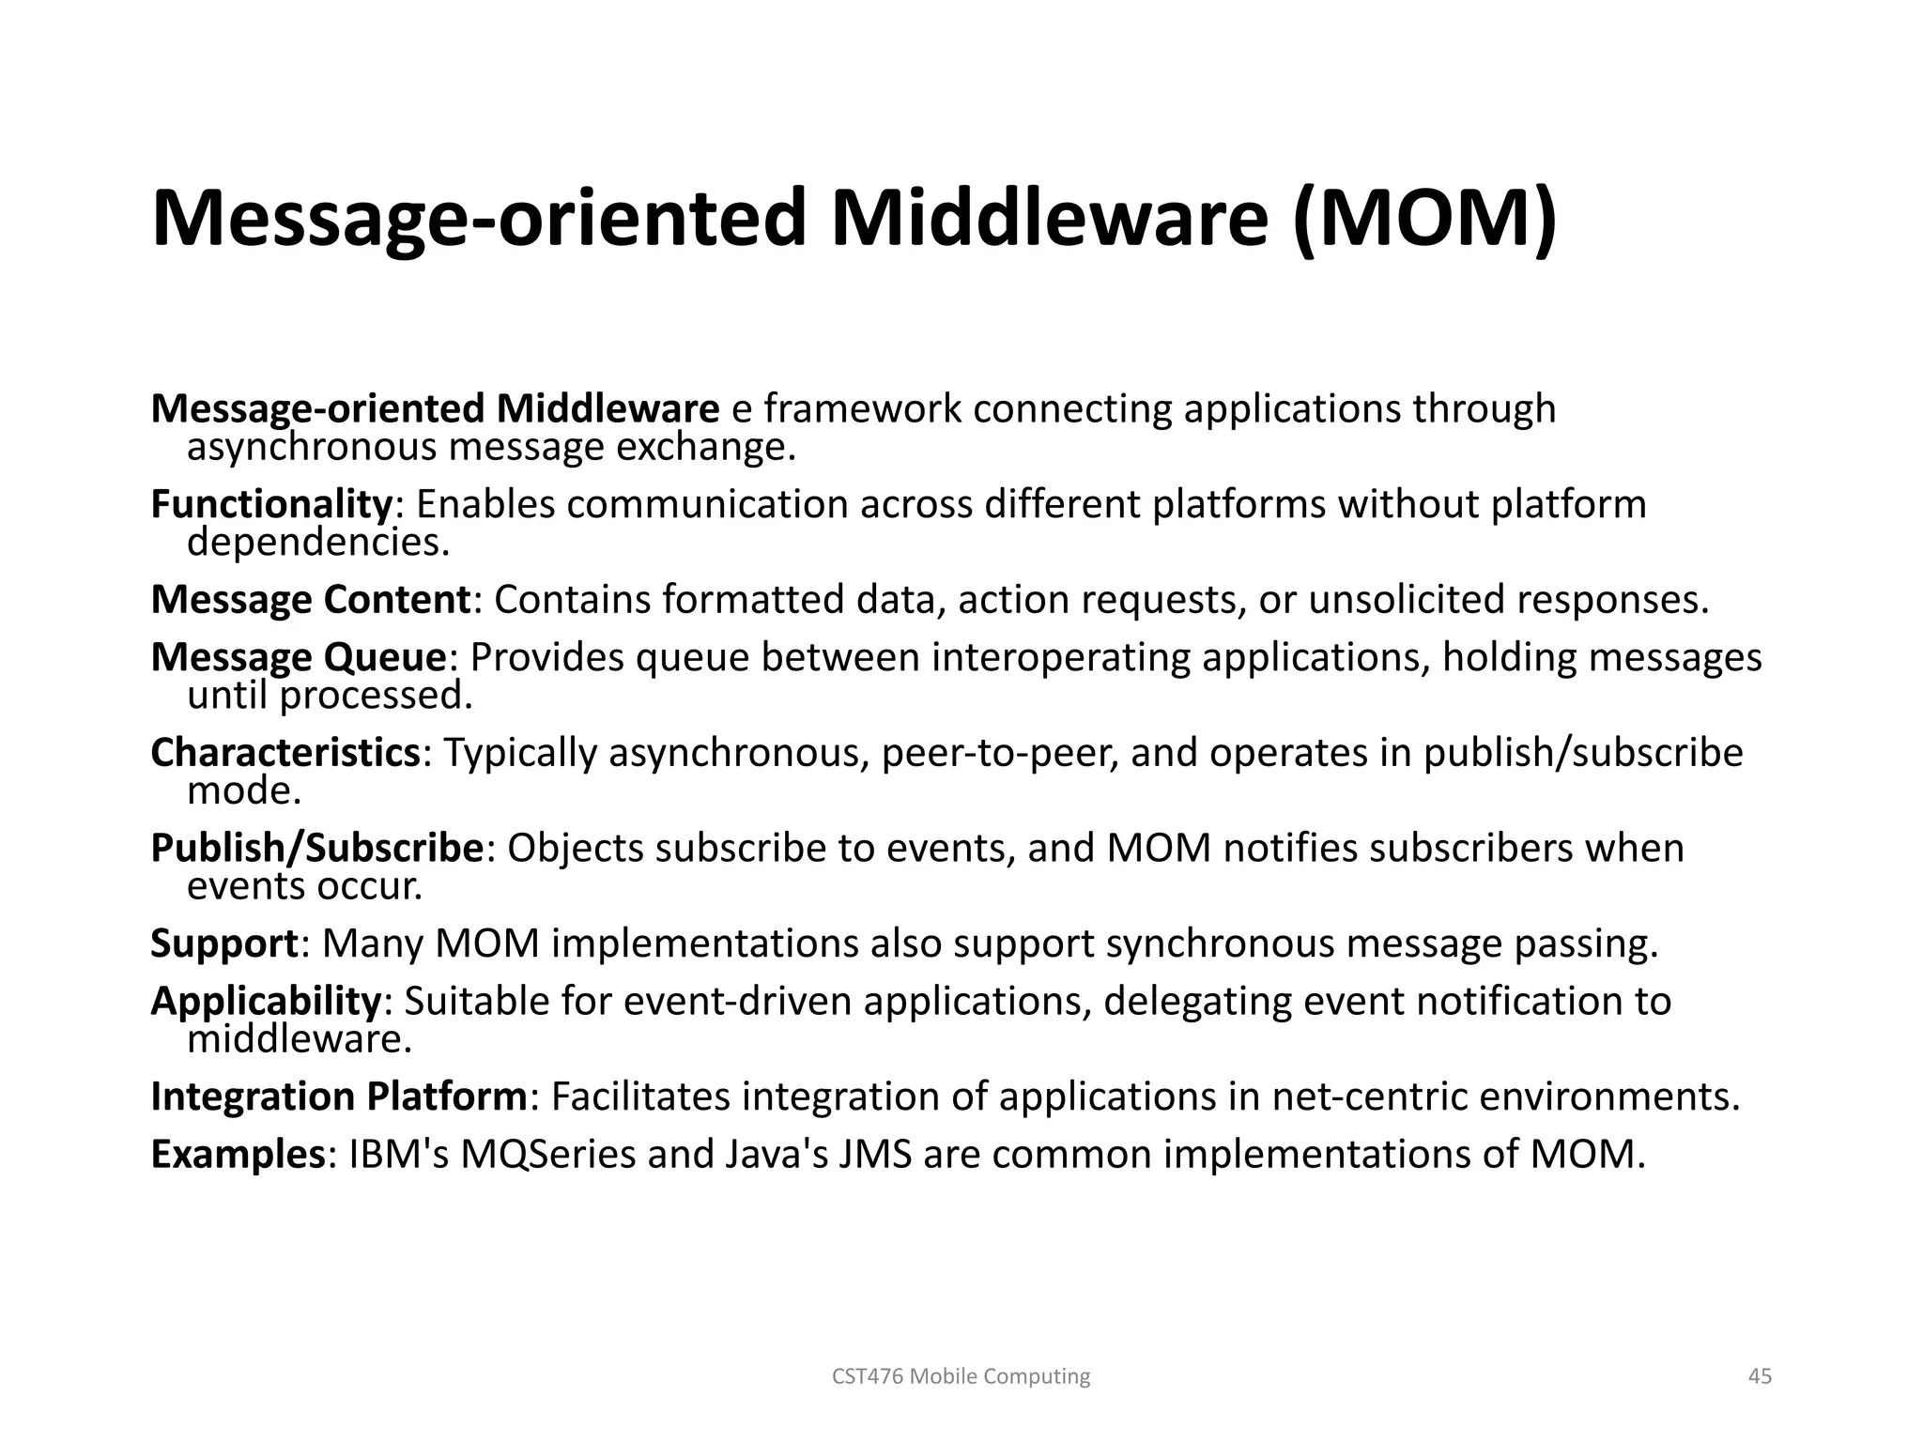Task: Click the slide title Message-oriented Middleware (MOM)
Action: (854, 218)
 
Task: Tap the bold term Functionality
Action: (270, 505)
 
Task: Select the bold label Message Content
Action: (310, 600)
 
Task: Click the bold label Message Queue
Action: (298, 657)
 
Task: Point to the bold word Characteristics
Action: (285, 753)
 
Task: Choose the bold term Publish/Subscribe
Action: (316, 849)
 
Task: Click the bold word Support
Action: (223, 943)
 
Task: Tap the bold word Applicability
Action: (265, 1002)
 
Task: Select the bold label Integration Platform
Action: (338, 1097)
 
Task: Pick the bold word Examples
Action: (237, 1155)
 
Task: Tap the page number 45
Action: (1760, 1376)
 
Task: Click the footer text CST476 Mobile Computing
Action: (961, 1376)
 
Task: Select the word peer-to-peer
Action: (998, 753)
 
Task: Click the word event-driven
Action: (737, 1002)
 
